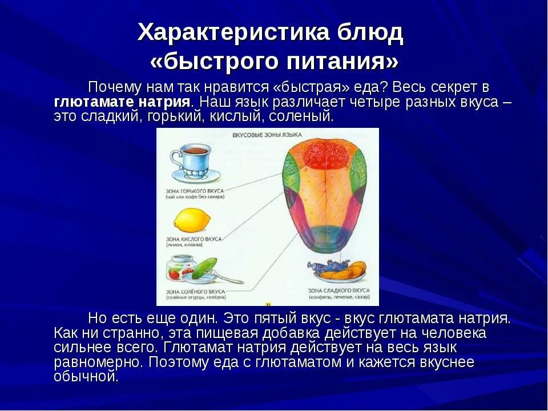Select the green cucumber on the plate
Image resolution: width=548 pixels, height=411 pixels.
(203, 268)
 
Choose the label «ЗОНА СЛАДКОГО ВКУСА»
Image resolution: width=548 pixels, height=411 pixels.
(337, 291)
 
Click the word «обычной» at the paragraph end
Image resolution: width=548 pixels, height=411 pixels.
(86, 377)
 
